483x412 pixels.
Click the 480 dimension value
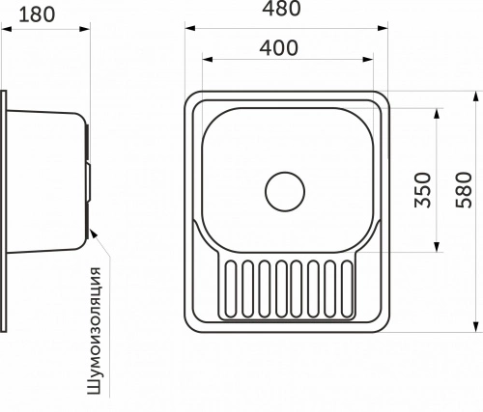pyautogui.click(x=282, y=8)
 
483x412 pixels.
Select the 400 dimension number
pyautogui.click(x=279, y=48)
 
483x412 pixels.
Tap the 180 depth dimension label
pyautogui.click(x=37, y=14)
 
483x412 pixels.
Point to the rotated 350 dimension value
pyautogui.click(x=422, y=190)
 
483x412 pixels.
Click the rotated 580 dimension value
pyautogui.click(x=464, y=190)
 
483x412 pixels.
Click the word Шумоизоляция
pyautogui.click(x=95, y=331)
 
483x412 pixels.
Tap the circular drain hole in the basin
pyautogui.click(x=285, y=192)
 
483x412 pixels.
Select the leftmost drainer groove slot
pyautogui.click(x=231, y=289)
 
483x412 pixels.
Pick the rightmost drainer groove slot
pyautogui.click(x=347, y=289)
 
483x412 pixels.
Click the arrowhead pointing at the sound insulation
pyautogui.click(x=93, y=233)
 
